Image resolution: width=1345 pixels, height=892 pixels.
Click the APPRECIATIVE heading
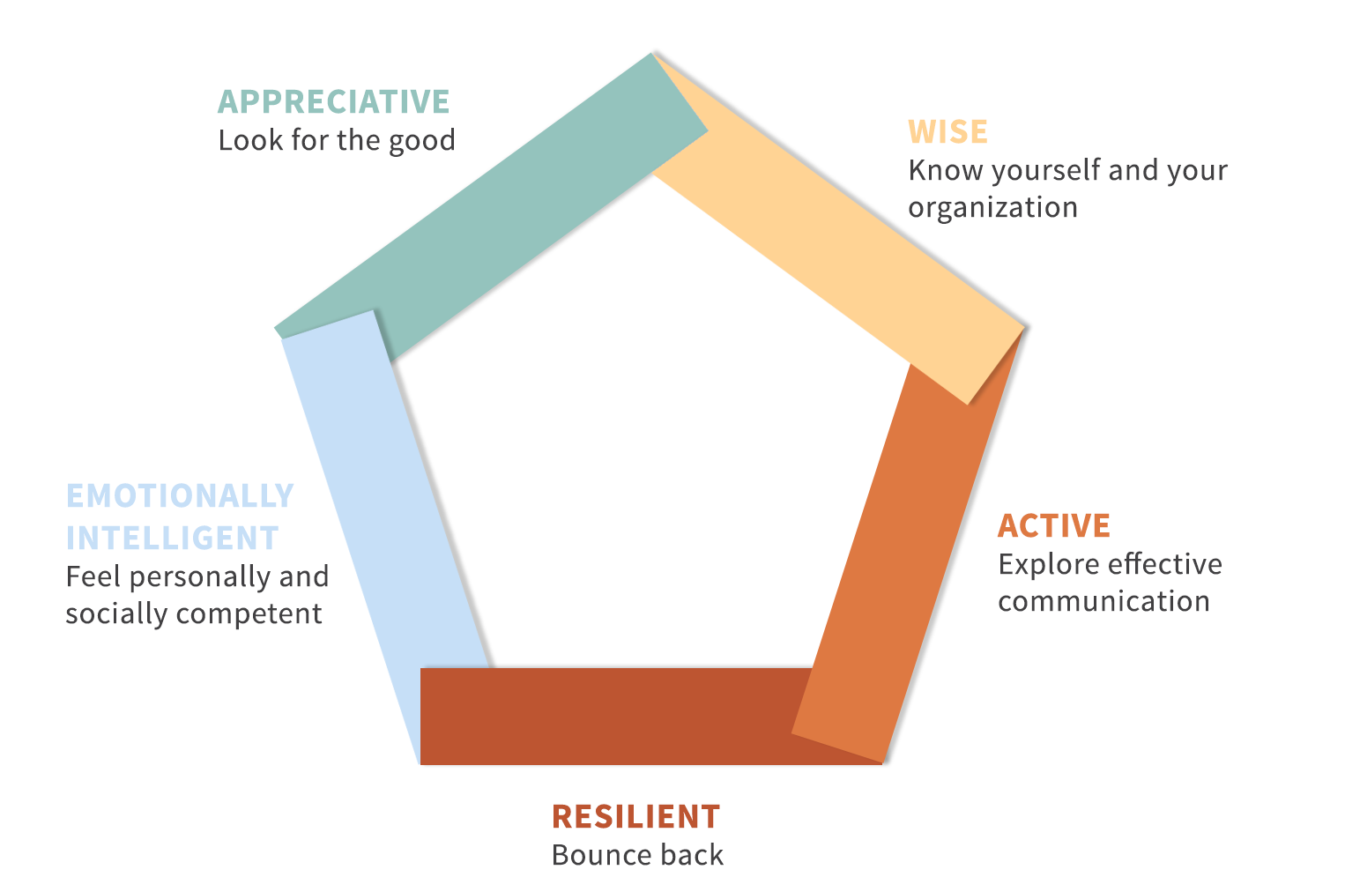333,101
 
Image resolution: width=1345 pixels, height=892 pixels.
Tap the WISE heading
947,132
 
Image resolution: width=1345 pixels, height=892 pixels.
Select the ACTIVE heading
1054,526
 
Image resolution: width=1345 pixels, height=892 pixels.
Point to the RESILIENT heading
635,817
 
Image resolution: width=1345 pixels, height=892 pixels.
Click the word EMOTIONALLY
180,496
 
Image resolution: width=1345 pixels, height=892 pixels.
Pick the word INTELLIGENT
173,538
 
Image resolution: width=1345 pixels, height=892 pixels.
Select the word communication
1103,601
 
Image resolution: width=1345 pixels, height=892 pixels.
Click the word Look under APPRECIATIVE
250,140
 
